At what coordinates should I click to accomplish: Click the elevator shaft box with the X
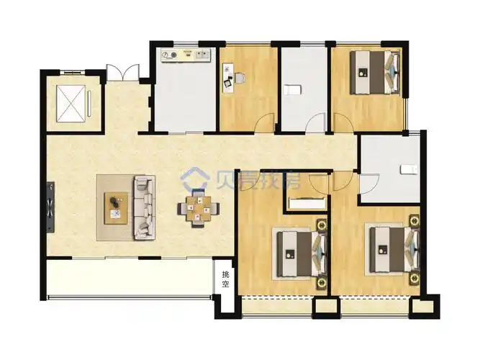[x=71, y=102]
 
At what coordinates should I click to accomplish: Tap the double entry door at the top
[x=122, y=73]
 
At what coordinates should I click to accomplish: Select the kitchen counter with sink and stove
[x=186, y=55]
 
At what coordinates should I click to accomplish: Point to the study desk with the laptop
[x=228, y=76]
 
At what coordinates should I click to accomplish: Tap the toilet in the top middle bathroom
[x=292, y=89]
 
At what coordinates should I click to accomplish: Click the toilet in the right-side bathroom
[x=408, y=168]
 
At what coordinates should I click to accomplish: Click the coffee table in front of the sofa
[x=115, y=208]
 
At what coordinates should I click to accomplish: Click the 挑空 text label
[x=225, y=279]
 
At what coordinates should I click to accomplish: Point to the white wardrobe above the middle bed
[x=306, y=202]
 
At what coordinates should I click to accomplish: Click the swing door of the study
[x=266, y=123]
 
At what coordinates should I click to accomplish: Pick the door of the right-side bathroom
[x=366, y=184]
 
